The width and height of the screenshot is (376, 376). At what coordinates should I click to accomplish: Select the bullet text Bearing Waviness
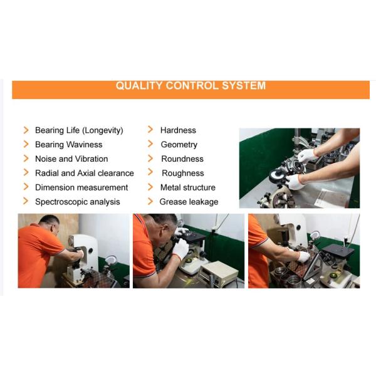(x=68, y=144)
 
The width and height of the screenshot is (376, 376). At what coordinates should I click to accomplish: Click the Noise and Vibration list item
(x=71, y=159)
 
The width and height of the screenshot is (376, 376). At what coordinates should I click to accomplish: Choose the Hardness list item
(x=178, y=130)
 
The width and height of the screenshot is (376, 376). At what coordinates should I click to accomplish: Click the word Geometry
(x=179, y=145)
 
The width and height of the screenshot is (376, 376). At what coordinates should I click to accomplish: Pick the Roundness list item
(x=182, y=159)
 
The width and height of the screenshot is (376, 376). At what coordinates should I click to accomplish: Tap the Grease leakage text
(x=189, y=202)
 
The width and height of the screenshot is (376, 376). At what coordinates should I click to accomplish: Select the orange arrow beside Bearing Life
(x=26, y=130)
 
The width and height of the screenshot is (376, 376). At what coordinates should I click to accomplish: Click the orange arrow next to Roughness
(x=150, y=172)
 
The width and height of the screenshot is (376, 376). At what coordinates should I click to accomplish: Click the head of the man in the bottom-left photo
(x=50, y=225)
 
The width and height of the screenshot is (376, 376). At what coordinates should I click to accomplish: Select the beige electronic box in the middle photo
(x=219, y=273)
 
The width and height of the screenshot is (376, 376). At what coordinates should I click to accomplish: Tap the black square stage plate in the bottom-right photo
(x=338, y=251)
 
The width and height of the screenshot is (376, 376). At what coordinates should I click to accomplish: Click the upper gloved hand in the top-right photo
(x=307, y=155)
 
